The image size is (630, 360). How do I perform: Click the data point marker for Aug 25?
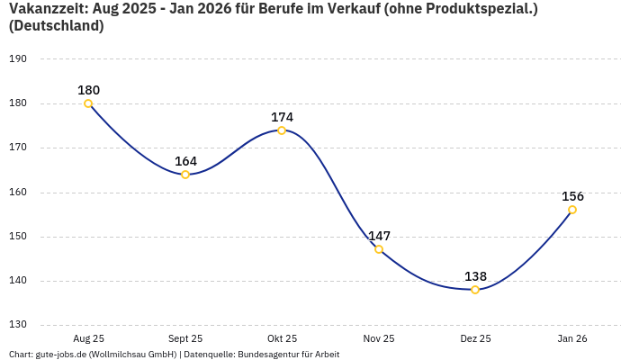(88, 103)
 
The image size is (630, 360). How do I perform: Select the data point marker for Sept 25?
(185, 175)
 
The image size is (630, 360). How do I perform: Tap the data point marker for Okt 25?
(282, 130)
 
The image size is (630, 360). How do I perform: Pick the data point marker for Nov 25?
(379, 249)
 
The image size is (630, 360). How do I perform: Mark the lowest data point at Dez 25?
(475, 290)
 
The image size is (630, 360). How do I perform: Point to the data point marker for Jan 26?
(572, 210)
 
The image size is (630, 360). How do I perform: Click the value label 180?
(88, 90)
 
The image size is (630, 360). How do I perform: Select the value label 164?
(185, 161)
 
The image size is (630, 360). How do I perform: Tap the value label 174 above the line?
(282, 117)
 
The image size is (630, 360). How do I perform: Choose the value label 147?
(379, 236)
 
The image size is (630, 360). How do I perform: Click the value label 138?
(475, 276)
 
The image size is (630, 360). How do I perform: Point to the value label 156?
(572, 196)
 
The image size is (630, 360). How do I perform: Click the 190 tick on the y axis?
(18, 59)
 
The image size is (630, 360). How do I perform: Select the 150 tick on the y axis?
(18, 237)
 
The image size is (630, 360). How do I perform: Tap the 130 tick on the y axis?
(18, 325)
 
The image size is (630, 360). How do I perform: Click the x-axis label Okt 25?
(282, 338)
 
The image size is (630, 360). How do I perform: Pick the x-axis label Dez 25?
(475, 338)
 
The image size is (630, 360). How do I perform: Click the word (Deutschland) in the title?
(56, 26)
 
